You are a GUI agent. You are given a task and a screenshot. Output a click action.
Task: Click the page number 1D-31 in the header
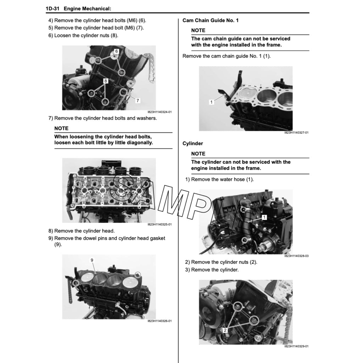[x=52, y=9]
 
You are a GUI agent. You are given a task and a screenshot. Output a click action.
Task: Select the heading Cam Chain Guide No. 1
[x=211, y=20]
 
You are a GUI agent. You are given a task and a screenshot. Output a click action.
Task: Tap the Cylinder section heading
[x=192, y=144]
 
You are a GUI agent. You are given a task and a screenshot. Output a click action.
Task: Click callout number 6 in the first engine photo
[x=116, y=51]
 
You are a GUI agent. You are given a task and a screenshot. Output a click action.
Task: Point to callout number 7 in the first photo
[x=138, y=100]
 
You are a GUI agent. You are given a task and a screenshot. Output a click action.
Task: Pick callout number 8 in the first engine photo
[x=106, y=81]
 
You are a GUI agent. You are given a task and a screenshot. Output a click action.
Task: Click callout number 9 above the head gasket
[x=92, y=260]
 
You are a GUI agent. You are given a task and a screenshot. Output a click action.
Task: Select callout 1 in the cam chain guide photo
[x=211, y=102]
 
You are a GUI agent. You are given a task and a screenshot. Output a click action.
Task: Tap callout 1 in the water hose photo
[x=264, y=217]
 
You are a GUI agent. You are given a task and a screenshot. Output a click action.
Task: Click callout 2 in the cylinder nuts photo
[x=225, y=330]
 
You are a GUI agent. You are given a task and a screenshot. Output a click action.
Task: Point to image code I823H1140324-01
[x=160, y=112]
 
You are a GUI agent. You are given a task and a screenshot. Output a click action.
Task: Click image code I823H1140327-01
[x=296, y=133]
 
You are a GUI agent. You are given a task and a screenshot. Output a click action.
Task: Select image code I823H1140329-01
[x=296, y=346]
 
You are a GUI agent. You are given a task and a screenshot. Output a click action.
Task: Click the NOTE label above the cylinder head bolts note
[x=61, y=128]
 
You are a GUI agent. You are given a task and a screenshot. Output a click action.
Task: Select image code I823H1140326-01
[x=160, y=321]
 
